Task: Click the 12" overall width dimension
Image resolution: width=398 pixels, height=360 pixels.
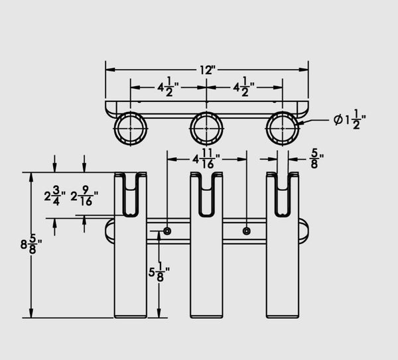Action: coord(208,70)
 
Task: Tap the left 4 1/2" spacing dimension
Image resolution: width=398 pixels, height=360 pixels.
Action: coord(168,87)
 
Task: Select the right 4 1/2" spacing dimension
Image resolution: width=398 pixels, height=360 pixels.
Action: coord(244,87)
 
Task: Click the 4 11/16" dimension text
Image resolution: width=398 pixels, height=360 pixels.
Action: coord(206,159)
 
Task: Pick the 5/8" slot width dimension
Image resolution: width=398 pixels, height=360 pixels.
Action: coord(316,159)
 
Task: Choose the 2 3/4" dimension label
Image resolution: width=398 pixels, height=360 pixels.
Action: coord(54,196)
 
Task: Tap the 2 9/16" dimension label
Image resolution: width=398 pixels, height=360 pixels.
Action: coord(84,196)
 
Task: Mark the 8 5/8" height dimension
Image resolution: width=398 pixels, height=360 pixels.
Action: coord(31,245)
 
